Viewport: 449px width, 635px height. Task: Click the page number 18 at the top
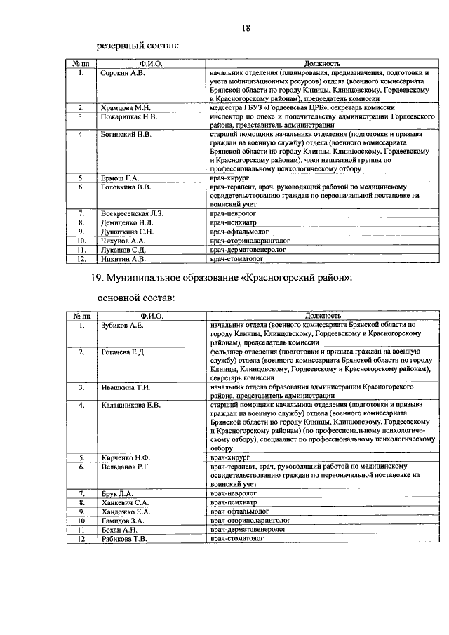246,28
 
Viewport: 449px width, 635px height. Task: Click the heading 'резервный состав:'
134,46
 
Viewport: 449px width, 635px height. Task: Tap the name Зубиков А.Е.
122,325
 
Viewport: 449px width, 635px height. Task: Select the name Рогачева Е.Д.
123,351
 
